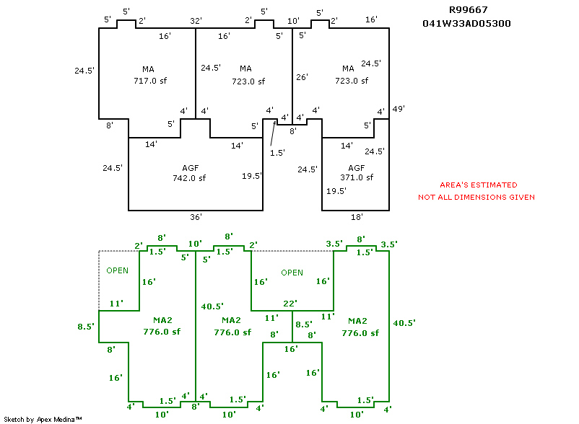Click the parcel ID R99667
click(467, 10)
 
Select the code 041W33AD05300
click(467, 23)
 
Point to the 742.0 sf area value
click(189, 178)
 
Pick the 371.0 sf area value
click(357, 177)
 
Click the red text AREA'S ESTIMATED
click(479, 185)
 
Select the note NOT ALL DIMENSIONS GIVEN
click(476, 198)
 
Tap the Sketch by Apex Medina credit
click(43, 419)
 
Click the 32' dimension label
click(195, 22)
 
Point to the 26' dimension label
click(302, 76)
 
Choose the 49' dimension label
click(398, 109)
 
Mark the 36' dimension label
click(196, 216)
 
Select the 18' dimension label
click(357, 216)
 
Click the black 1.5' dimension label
click(277, 153)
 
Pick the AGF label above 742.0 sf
click(190, 168)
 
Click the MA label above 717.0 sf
click(148, 69)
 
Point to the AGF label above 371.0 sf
click(357, 167)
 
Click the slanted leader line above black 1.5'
click(273, 133)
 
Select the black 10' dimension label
click(292, 22)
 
